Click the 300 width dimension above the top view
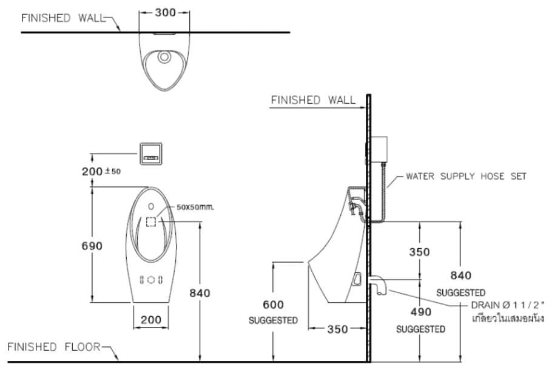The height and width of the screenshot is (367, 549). tap(164, 13)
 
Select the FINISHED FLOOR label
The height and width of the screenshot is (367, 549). tap(53, 346)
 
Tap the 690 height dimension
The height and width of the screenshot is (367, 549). tap(92, 246)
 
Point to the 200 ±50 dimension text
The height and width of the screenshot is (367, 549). tap(101, 171)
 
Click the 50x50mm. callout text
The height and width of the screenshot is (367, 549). tap(195, 207)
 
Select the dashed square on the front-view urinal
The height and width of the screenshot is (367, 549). tap(151, 222)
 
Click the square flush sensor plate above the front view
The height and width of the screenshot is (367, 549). tap(151, 153)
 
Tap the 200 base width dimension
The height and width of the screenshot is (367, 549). tap(151, 320)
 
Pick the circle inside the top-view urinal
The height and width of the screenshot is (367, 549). tap(164, 58)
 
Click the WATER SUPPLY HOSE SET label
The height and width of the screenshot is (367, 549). tap(466, 176)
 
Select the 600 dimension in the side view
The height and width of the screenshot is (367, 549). tap(273, 305)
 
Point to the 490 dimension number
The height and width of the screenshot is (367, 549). tap(420, 312)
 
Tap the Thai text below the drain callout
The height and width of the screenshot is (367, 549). tap(507, 318)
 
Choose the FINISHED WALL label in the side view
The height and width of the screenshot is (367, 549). tap(313, 99)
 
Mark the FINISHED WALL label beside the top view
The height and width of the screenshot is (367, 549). tap(63, 18)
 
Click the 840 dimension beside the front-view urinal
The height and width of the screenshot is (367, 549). tap(199, 293)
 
